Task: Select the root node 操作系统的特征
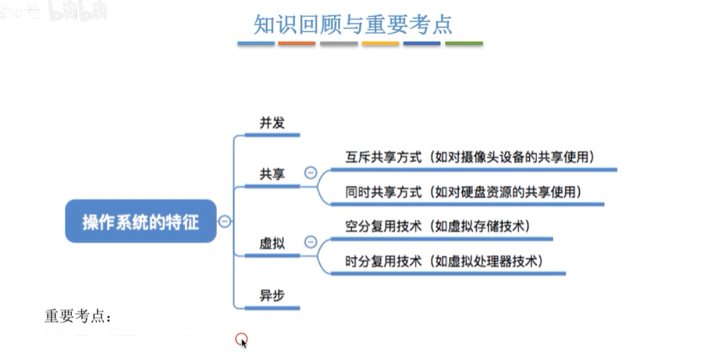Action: [x=140, y=222]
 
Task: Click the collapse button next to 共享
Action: [x=311, y=173]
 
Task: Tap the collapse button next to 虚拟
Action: [x=311, y=243]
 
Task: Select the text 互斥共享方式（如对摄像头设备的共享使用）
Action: [x=470, y=156]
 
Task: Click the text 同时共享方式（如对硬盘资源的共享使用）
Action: [x=464, y=191]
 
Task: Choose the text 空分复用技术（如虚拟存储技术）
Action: [x=438, y=226]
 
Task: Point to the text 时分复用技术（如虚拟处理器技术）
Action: [x=443, y=261]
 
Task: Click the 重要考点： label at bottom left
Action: [x=78, y=317]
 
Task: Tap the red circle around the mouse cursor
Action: [x=242, y=339]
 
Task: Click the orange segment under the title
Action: [x=297, y=44]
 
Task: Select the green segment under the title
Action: [x=464, y=44]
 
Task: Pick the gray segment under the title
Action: [x=339, y=44]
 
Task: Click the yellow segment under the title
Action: [x=380, y=44]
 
